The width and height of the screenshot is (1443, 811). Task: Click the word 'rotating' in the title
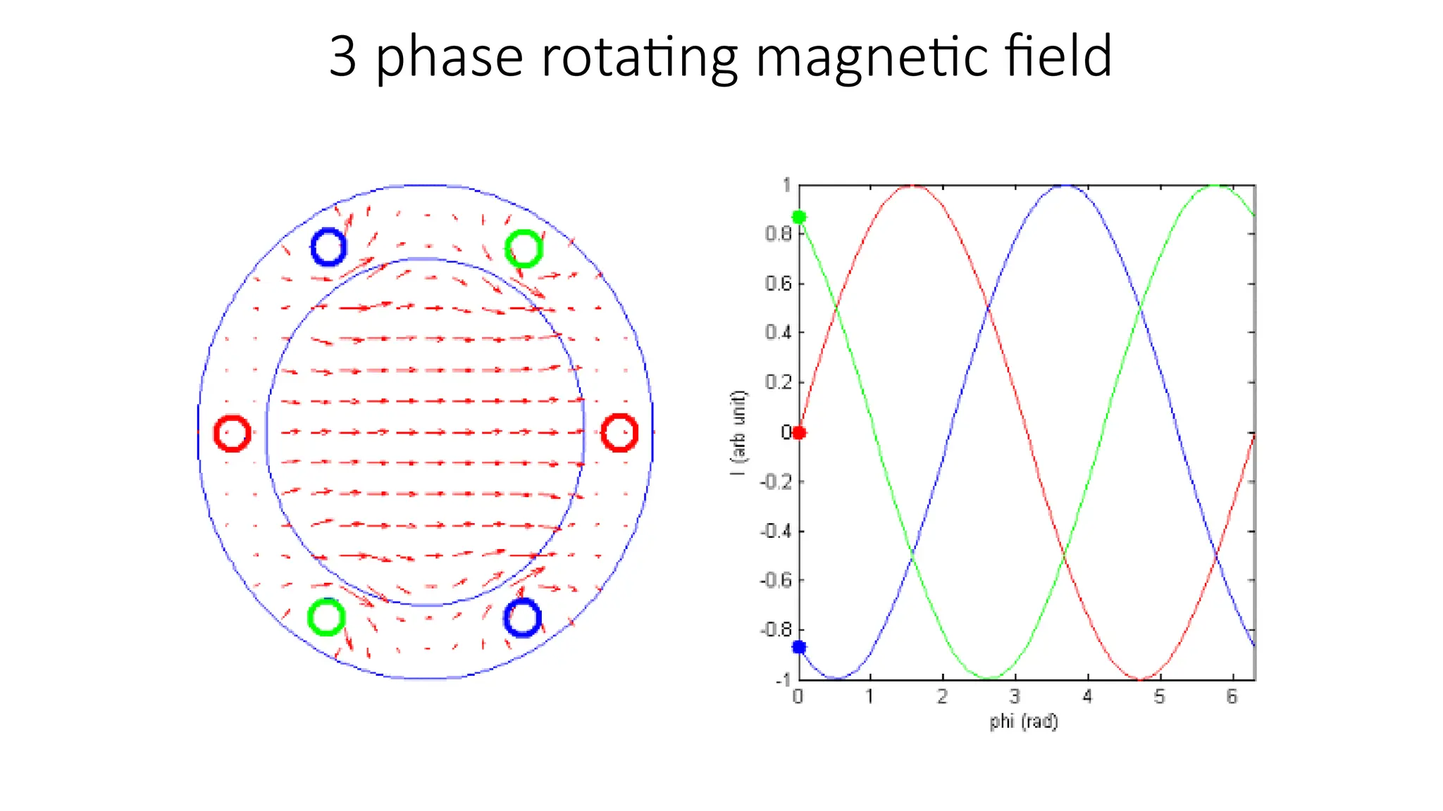coord(638,58)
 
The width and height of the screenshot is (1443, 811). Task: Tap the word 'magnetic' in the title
coord(871,58)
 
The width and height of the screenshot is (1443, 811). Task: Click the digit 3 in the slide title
coord(343,56)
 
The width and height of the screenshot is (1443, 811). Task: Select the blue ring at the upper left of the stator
coord(328,247)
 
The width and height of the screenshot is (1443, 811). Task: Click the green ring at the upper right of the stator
coord(524,249)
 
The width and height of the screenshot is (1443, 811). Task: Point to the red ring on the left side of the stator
coord(232,433)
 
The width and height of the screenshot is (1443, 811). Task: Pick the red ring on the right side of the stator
coord(619,432)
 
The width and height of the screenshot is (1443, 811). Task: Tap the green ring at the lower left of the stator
coord(326,617)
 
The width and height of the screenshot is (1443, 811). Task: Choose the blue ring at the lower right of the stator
coord(522,617)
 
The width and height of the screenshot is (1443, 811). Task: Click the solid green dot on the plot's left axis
coord(799,217)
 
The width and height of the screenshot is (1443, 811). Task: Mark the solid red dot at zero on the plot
coord(799,432)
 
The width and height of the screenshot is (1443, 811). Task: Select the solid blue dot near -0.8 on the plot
coord(799,647)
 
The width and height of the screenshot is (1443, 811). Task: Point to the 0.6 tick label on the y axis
coord(779,284)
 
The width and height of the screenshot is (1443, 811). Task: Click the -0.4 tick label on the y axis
coord(776,531)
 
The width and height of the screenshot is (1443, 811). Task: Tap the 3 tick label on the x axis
coord(1015,697)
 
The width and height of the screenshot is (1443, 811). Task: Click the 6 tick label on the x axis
coord(1232,697)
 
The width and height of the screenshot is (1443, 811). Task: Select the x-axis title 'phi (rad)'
coord(1023,722)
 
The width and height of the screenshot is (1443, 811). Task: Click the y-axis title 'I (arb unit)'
coord(738,433)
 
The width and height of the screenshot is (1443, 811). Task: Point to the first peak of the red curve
coord(912,186)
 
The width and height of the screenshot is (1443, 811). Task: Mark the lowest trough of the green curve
coord(990,679)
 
